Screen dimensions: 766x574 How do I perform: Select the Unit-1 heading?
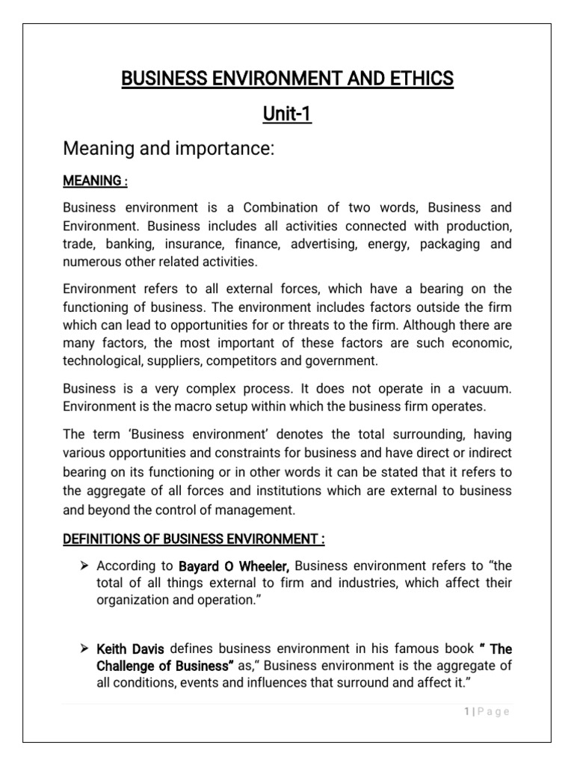pyautogui.click(x=287, y=115)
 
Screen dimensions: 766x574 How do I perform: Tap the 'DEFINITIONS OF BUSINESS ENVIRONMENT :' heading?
pyautogui.click(x=194, y=539)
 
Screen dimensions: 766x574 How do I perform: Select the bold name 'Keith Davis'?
pyautogui.click(x=126, y=649)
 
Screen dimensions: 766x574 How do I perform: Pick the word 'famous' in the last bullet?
pyautogui.click(x=391, y=649)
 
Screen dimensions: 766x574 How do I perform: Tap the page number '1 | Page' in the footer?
pyautogui.click(x=487, y=712)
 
